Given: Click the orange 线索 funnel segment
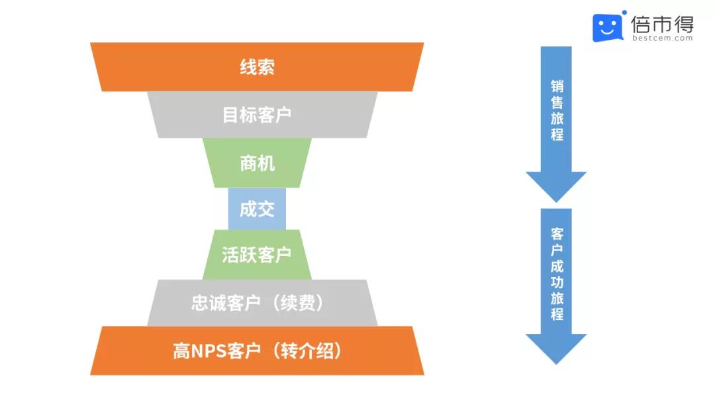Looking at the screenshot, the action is (257, 67).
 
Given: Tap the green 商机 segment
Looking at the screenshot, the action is (257, 163).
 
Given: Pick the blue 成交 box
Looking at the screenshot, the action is (257, 209).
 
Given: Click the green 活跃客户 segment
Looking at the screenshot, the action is (257, 255).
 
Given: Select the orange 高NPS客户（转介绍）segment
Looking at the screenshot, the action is (257, 351).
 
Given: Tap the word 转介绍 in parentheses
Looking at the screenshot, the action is (307, 351).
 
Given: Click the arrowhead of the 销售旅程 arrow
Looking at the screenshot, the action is (556, 187).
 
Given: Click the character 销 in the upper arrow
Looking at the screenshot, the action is (557, 86).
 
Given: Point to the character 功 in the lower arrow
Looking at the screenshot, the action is (557, 282).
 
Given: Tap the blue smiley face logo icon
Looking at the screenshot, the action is (608, 27).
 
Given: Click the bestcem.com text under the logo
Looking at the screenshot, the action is (663, 38).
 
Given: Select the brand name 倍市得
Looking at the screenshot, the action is (663, 24).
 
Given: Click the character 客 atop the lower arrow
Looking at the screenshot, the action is (557, 234).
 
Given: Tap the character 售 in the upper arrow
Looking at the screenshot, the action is (557, 102).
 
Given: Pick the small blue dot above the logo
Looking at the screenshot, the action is (624, 13).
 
